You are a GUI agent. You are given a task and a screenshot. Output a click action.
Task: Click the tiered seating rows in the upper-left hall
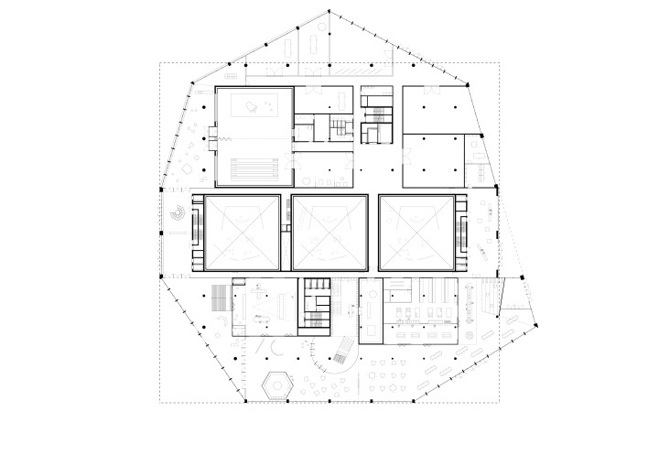coord(254,169)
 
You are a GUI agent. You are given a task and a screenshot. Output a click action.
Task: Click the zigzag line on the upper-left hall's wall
coord(217,138)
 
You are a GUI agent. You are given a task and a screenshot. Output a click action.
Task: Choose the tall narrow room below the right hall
coord(373,308)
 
